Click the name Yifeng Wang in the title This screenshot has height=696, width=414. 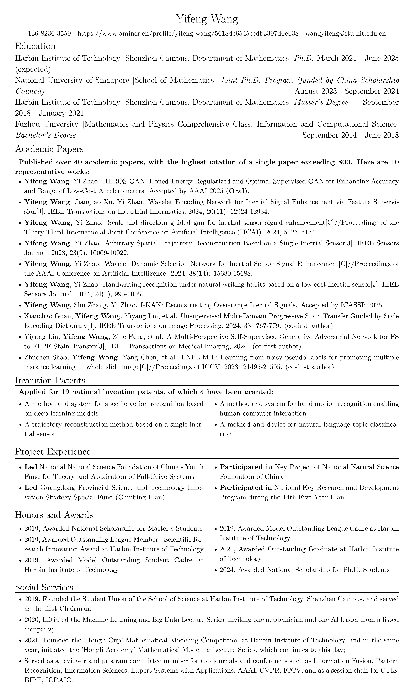(207, 20)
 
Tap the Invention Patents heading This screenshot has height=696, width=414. (50, 380)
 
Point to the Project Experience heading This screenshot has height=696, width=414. (53, 451)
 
